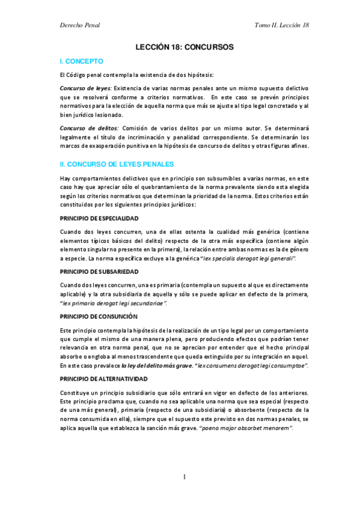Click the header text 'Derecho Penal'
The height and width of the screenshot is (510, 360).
[80, 25]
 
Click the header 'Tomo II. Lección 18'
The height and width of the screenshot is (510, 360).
[282, 25]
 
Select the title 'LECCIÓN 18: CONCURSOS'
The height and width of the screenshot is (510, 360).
[184, 46]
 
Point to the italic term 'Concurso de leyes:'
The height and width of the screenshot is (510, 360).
[86, 88]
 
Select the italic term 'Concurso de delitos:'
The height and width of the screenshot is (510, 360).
[90, 127]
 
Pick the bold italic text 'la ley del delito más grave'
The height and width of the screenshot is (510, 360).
[157, 365]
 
